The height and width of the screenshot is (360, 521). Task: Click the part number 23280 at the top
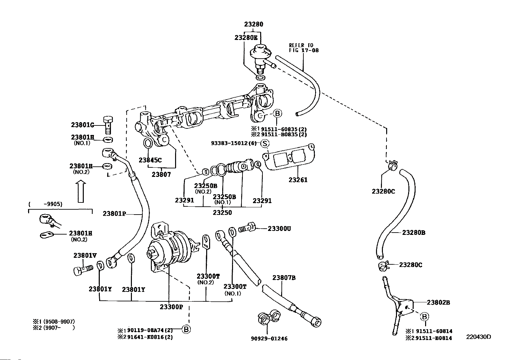point(254,24)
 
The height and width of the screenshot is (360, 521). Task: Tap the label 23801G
point(82,125)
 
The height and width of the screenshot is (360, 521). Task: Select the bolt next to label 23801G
point(108,125)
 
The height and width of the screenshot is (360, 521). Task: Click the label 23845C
point(150,160)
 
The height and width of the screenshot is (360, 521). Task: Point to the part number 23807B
point(284,278)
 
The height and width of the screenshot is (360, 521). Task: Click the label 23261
point(298,180)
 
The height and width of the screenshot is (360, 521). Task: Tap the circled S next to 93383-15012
point(265,143)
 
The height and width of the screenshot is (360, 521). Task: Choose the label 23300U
point(279,229)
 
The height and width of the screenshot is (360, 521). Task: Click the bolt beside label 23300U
point(247,227)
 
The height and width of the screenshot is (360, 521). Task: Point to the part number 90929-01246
point(269,339)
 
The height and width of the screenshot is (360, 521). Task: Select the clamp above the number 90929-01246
point(269,317)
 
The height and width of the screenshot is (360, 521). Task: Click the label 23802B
point(438,302)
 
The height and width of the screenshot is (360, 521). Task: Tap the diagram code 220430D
point(478,337)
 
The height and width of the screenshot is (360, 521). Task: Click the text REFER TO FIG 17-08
point(304,48)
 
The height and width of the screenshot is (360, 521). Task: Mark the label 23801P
point(114,214)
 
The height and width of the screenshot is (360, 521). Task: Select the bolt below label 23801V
point(83,270)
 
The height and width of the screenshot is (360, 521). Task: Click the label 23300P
point(171,307)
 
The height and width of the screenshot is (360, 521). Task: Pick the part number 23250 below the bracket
point(222,213)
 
